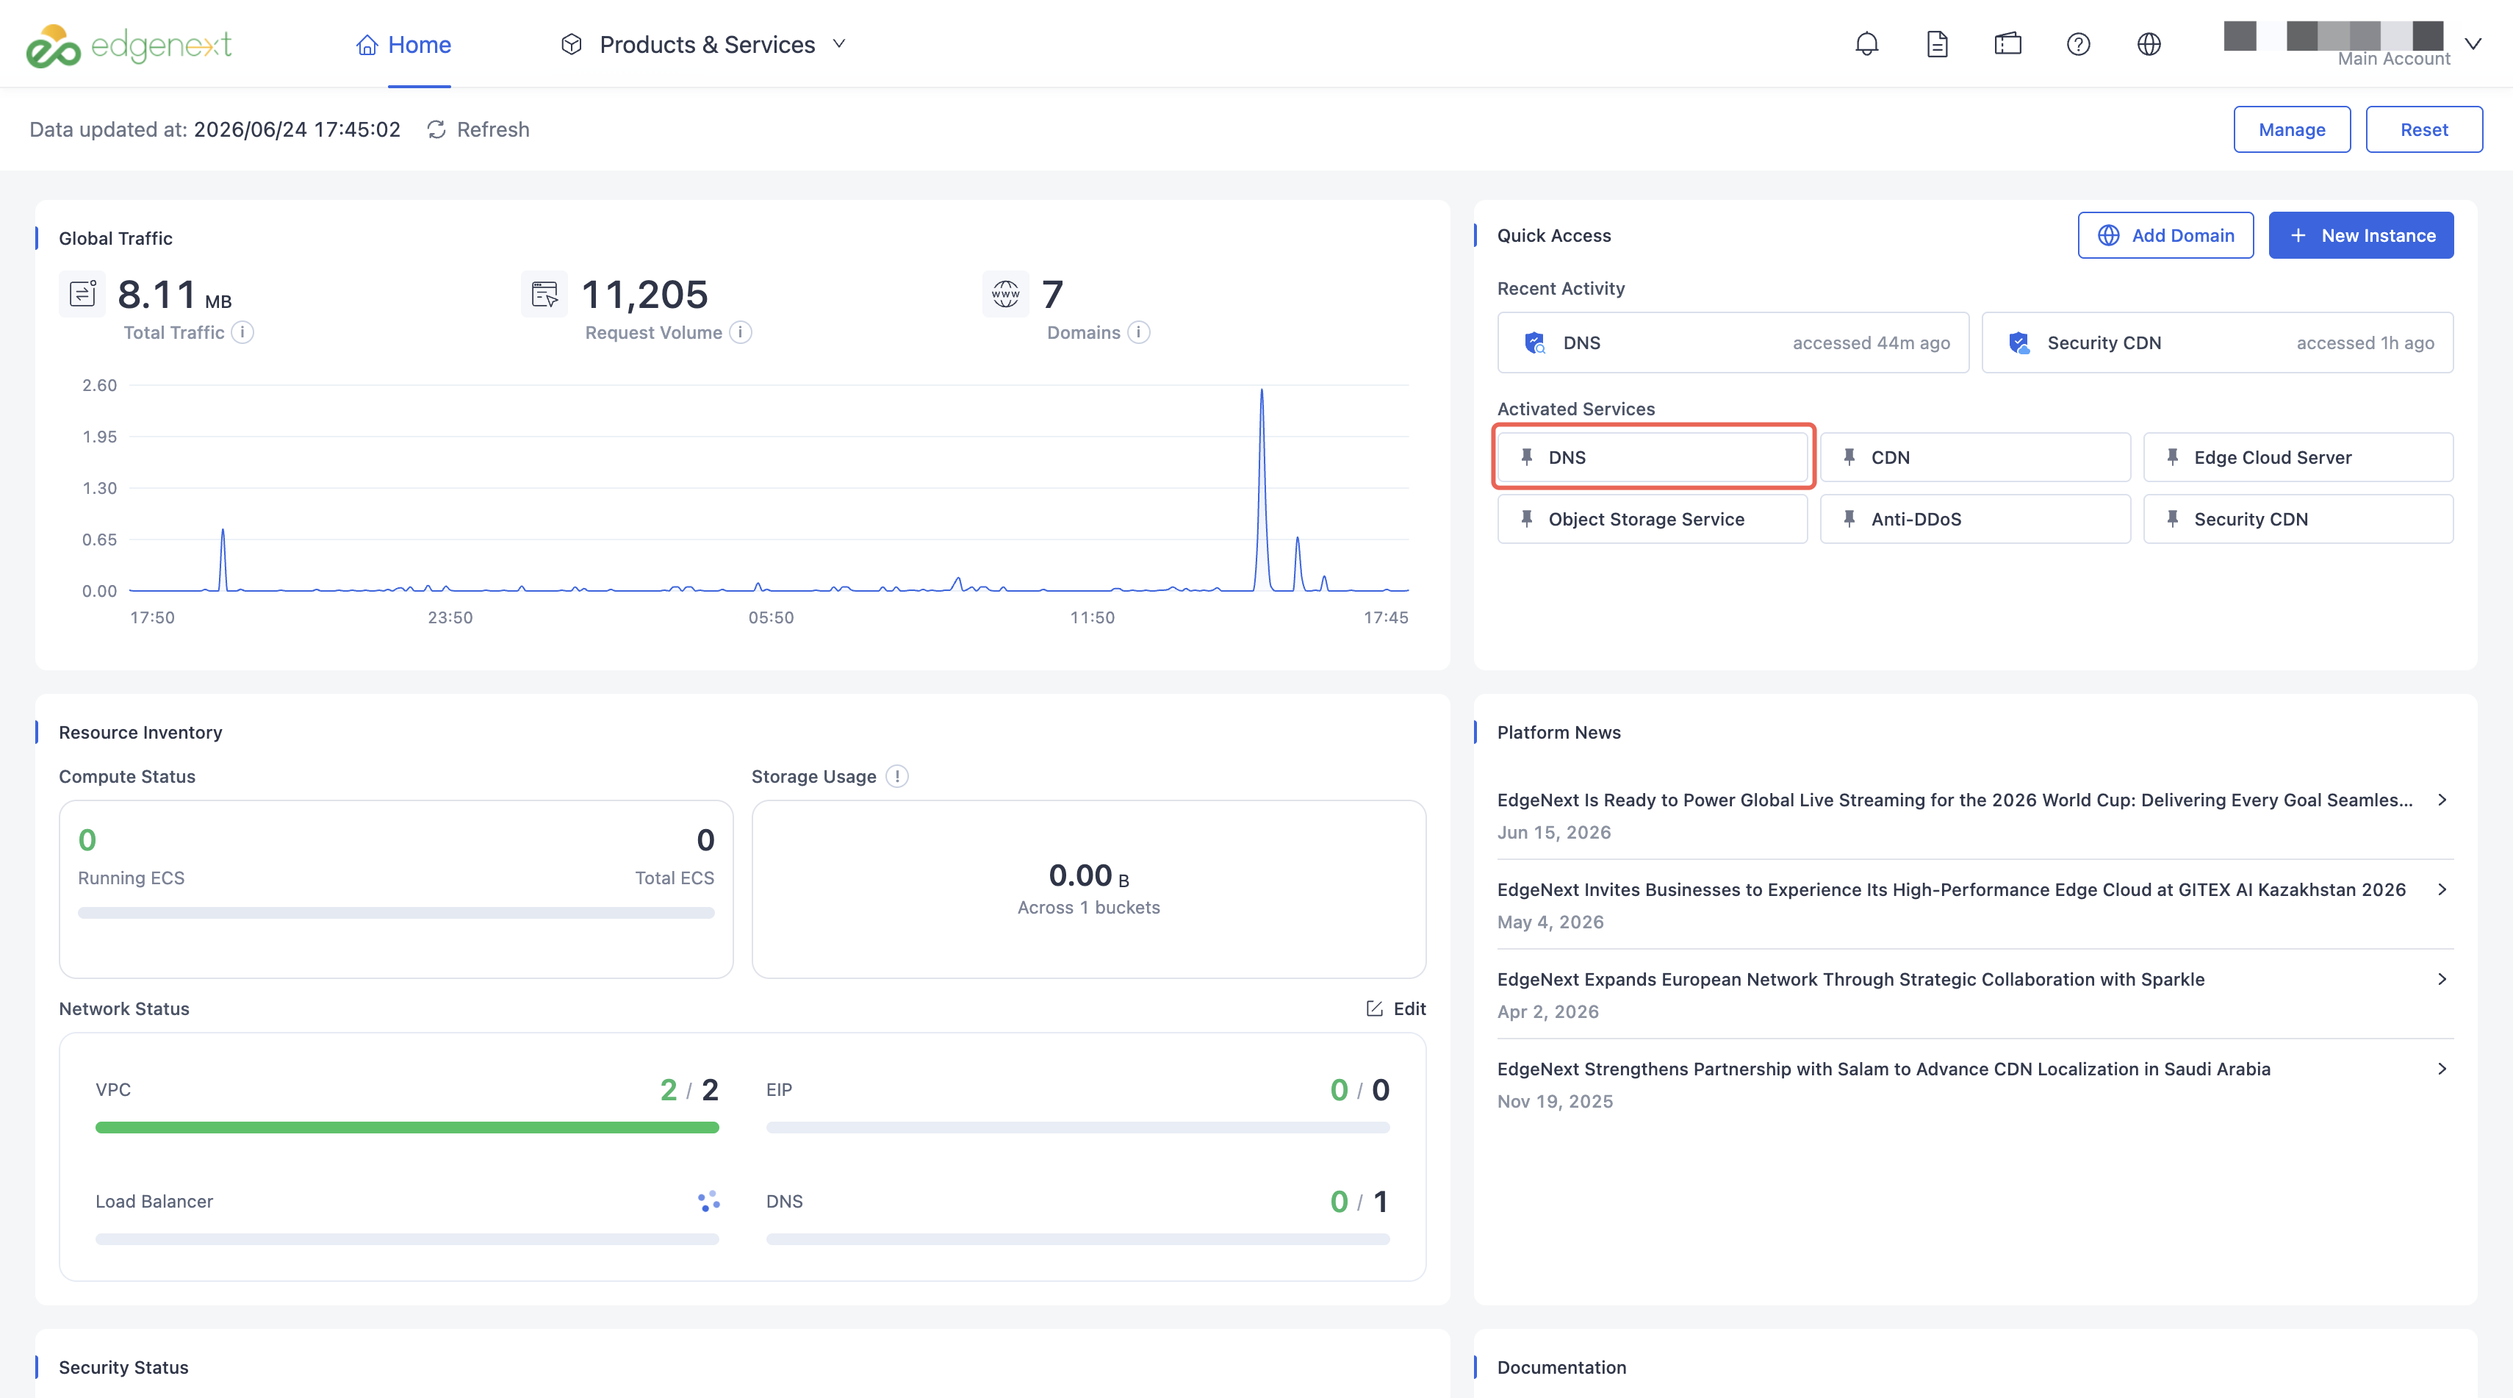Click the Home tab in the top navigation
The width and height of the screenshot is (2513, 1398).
click(404, 45)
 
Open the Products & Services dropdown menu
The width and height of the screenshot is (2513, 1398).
click(703, 45)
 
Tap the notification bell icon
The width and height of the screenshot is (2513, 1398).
click(1866, 44)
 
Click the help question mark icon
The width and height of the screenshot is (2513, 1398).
click(2078, 44)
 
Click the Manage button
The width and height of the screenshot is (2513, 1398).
click(2292, 130)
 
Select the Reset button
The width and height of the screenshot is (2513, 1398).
click(2423, 130)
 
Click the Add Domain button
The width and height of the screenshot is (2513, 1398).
click(2165, 235)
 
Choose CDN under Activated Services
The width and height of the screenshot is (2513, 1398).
click(1974, 457)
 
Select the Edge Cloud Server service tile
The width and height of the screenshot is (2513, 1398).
click(2298, 457)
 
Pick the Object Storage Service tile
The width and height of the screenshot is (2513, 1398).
click(1652, 519)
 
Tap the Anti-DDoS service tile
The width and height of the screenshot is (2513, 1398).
click(1974, 519)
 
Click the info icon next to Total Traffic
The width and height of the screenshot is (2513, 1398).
click(243, 333)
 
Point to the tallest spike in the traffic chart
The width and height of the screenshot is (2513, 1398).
click(1262, 390)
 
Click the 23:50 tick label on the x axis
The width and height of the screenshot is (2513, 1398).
click(450, 617)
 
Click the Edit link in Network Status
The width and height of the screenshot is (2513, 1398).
click(1396, 1008)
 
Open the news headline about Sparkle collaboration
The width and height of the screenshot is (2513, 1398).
click(1851, 980)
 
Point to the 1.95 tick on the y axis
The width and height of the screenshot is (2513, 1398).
click(99, 437)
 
